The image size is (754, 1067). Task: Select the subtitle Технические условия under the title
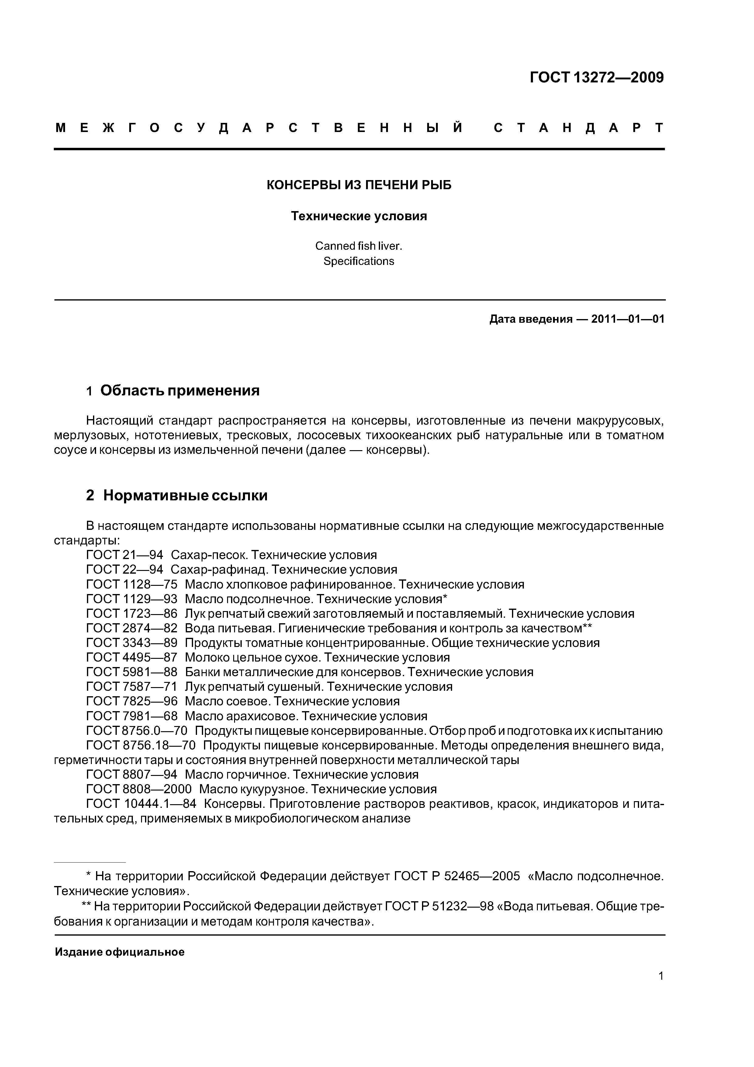pyautogui.click(x=359, y=216)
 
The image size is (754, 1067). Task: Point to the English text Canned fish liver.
pyautogui.click(x=359, y=246)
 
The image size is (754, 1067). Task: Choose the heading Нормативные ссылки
pyautogui.click(x=185, y=496)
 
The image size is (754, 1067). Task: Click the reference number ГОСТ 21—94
pyautogui.click(x=125, y=555)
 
